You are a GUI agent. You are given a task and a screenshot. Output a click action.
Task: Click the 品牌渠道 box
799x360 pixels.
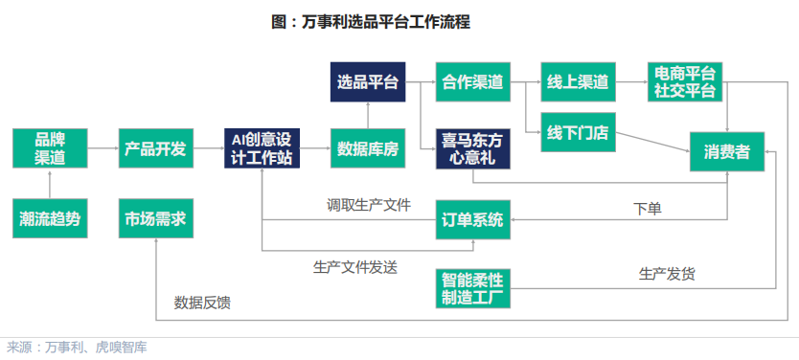tap(50, 148)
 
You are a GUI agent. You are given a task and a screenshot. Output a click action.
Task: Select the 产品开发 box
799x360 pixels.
tap(155, 148)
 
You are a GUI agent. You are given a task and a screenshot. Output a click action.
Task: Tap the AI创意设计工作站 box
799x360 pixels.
tap(262, 148)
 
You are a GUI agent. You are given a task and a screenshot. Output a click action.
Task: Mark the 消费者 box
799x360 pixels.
tap(726, 151)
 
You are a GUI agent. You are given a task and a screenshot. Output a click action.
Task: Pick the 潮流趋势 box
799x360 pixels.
tap(50, 220)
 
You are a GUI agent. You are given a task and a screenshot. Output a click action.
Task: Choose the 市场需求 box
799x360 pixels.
tap(155, 220)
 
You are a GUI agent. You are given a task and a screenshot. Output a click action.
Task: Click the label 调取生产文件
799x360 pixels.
tap(369, 204)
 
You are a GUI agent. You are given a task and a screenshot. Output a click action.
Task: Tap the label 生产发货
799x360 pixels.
tap(668, 273)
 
